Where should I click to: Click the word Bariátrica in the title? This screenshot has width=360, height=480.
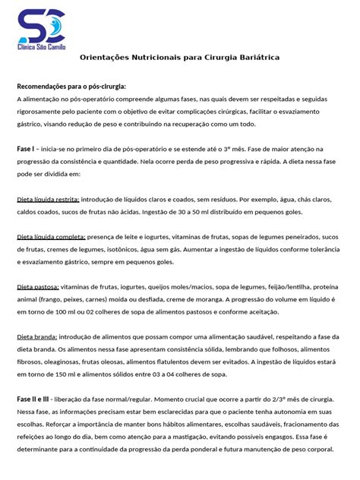[254, 58]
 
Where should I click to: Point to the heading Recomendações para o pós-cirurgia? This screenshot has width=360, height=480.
[71, 87]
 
